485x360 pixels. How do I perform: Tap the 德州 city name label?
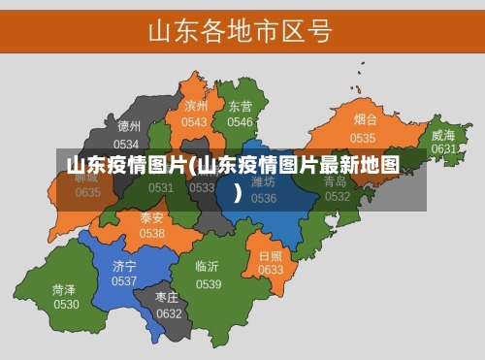pyautogui.click(x=129, y=126)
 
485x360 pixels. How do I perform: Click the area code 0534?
pyautogui.click(x=127, y=143)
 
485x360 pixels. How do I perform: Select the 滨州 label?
pyautogui.click(x=196, y=106)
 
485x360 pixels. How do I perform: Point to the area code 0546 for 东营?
pyautogui.click(x=240, y=122)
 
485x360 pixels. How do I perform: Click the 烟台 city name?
pyautogui.click(x=364, y=120)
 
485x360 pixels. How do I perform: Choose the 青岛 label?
pyautogui.click(x=336, y=181)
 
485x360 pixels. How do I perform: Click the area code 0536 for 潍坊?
pyautogui.click(x=264, y=198)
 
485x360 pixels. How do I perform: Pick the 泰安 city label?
pyautogui.click(x=152, y=217)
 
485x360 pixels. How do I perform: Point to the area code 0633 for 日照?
pyautogui.click(x=271, y=270)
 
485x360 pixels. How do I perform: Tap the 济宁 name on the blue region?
pyautogui.click(x=124, y=265)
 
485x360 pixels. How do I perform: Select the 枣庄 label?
pyautogui.click(x=169, y=297)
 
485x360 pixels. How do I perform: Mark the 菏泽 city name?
pyautogui.click(x=65, y=289)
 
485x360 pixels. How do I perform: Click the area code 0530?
pyautogui.click(x=66, y=305)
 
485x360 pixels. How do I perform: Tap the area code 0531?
pyautogui.click(x=161, y=187)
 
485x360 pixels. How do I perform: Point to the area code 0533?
pyautogui.click(x=203, y=187)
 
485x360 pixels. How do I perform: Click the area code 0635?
pyautogui.click(x=88, y=192)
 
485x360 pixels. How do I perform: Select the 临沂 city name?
pyautogui.click(x=207, y=266)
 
